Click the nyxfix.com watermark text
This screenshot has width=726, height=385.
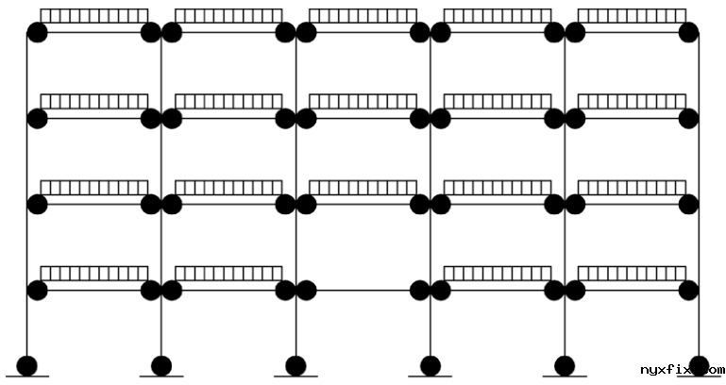click(x=682, y=371)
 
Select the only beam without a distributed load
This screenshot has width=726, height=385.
click(x=363, y=291)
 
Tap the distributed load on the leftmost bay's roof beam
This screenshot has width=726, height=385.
click(x=94, y=16)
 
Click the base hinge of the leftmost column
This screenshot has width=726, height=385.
click(x=27, y=364)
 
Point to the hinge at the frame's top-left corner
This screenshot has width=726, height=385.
click(x=37, y=33)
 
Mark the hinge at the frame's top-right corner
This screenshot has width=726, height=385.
click(x=688, y=33)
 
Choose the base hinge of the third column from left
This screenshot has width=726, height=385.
click(x=295, y=364)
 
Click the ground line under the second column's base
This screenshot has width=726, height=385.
click(x=161, y=377)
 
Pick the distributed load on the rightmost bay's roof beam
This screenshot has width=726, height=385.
click(x=632, y=16)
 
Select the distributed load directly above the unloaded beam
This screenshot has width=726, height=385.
click(x=363, y=187)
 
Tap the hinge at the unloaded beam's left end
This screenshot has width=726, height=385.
click(x=306, y=290)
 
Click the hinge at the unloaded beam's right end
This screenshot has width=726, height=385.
click(x=420, y=290)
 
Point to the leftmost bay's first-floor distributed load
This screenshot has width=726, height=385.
click(x=94, y=274)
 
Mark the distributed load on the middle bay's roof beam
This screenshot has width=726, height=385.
click(x=363, y=16)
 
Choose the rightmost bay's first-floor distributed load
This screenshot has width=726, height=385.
click(x=632, y=274)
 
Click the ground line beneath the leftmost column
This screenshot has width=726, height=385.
click(x=27, y=377)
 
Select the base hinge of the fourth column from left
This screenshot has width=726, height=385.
click(x=431, y=364)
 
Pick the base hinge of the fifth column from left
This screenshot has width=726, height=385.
click(x=565, y=364)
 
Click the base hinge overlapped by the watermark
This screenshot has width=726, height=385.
click(x=700, y=363)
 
